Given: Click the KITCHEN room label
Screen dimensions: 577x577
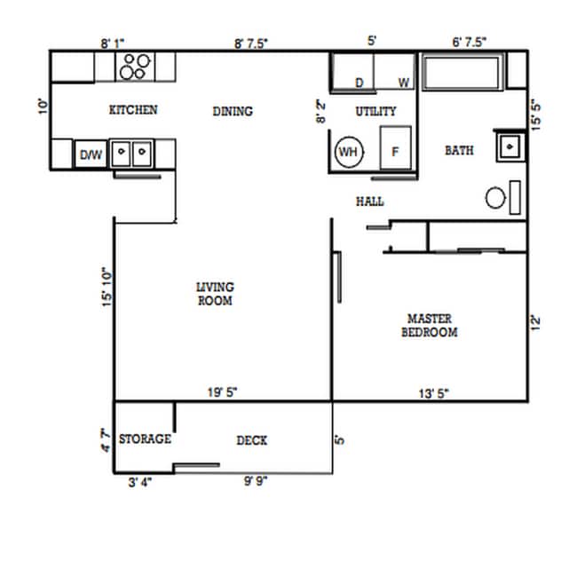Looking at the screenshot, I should (133, 110).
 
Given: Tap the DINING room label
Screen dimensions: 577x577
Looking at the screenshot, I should (233, 111).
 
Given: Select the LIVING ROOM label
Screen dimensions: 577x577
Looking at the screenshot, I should (215, 294).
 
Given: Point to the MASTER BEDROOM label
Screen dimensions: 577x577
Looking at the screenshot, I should (430, 325).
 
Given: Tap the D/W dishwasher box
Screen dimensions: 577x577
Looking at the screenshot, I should (91, 154).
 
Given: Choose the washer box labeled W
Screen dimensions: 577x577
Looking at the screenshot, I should (395, 72).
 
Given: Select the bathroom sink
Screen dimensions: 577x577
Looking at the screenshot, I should (510, 146).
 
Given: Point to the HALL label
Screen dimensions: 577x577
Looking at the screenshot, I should (369, 202).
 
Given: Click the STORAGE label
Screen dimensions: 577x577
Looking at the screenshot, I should (145, 439).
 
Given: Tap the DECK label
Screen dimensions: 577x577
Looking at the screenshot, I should (251, 440).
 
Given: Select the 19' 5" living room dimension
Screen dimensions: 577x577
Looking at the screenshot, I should (222, 391).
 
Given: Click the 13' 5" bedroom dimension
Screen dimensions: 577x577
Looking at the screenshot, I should (434, 391).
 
